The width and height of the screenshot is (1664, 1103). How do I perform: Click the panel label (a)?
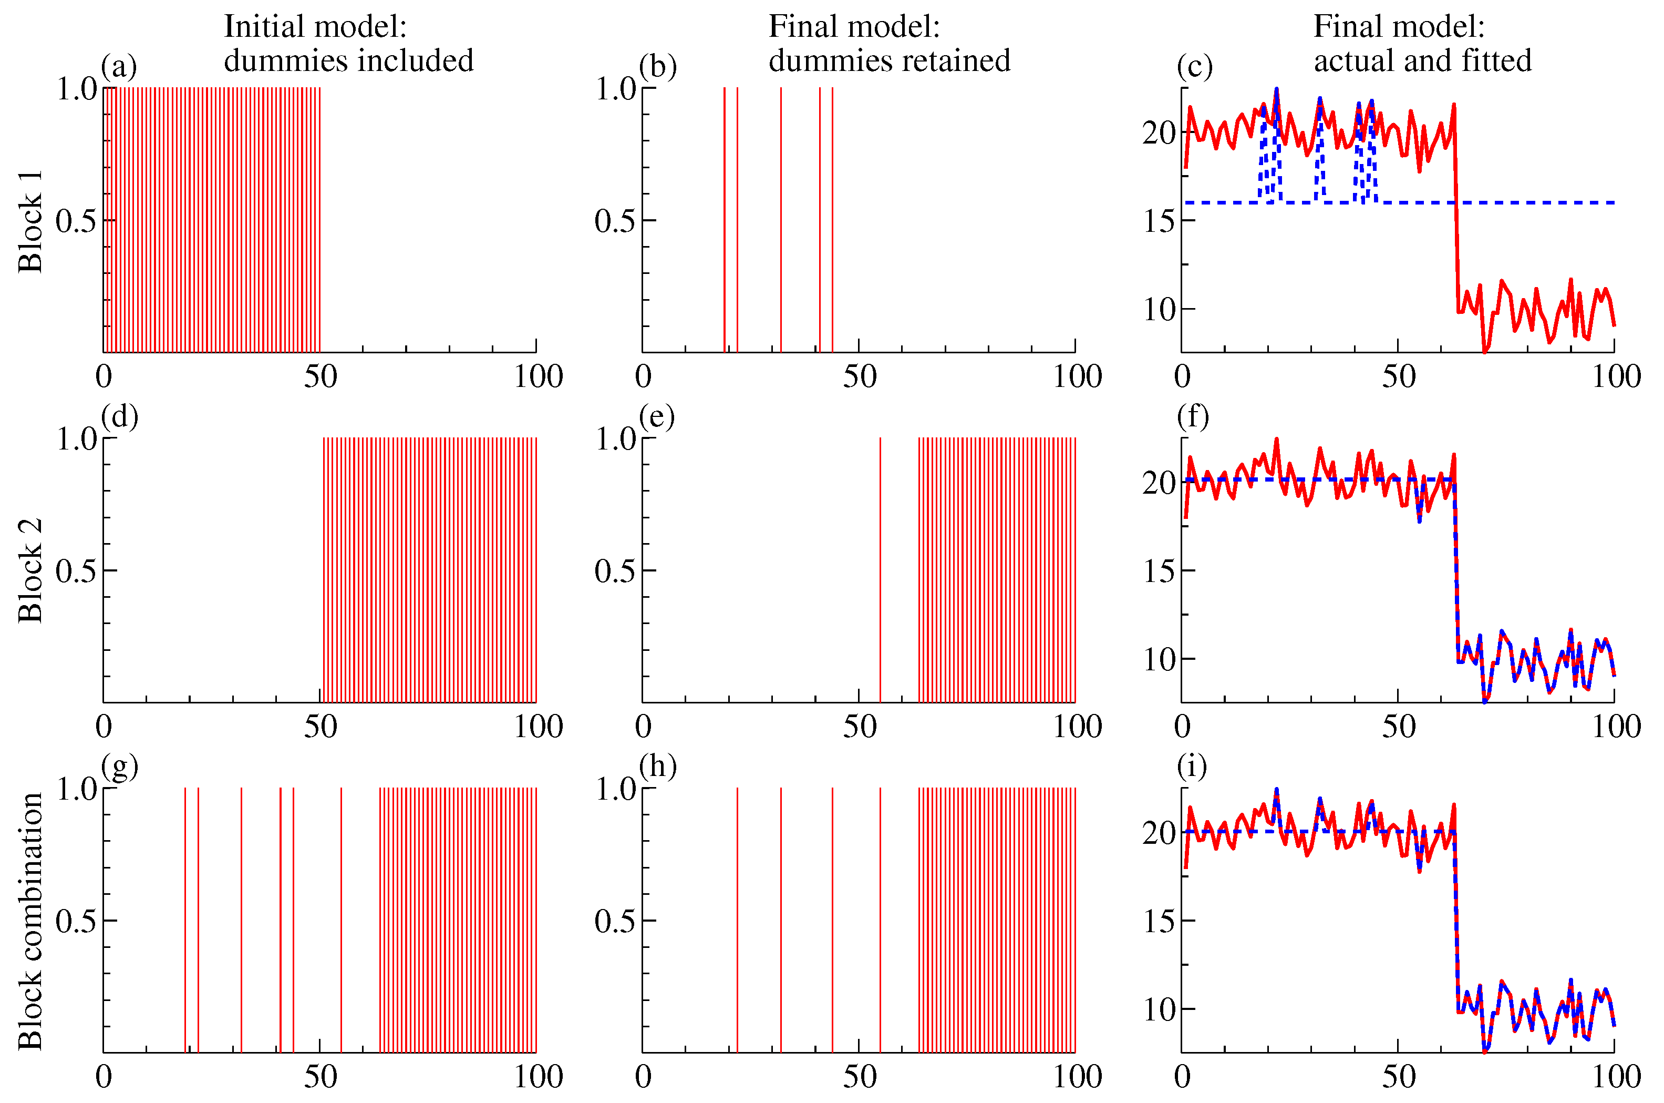118,67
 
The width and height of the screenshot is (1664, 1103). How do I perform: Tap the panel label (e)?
657,416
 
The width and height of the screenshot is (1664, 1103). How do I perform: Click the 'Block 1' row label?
31,221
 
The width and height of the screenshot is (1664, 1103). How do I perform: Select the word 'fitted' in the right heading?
1496,60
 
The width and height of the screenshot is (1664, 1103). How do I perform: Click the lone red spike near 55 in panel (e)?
880,570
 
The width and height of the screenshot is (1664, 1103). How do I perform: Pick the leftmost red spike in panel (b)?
724,219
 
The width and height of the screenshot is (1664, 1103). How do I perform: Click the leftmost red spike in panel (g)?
185,920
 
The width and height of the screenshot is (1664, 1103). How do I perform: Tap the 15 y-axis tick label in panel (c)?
1159,221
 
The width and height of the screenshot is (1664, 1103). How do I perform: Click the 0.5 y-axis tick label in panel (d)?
76,570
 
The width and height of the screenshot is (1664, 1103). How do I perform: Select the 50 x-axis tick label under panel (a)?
321,377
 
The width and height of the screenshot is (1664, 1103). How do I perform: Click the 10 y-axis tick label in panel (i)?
1159,1010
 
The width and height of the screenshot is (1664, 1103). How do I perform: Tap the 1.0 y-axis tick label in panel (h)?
616,789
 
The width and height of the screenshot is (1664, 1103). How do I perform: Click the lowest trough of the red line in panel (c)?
1485,350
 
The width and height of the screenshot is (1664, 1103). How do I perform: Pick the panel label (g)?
119,766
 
